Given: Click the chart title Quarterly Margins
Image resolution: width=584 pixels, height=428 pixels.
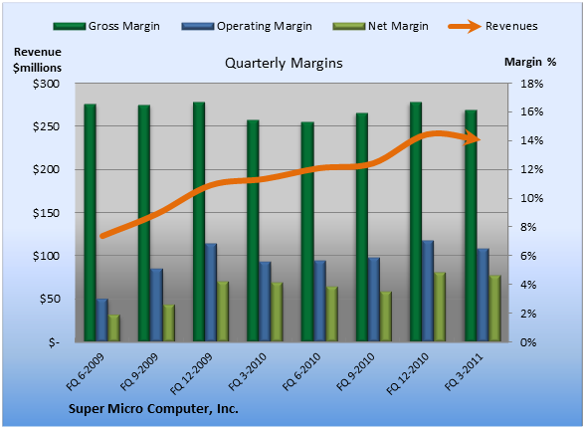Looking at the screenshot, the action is (284, 63).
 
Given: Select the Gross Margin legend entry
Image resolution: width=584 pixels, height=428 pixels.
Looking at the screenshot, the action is (106, 26).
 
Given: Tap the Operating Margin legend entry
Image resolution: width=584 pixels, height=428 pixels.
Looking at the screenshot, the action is (247, 26).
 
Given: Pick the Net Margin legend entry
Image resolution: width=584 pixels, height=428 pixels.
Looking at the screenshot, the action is (380, 26).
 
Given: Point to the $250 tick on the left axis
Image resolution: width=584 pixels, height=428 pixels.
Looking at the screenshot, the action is (46, 126).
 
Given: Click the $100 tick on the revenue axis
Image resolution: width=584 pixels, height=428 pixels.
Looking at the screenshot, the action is (46, 256).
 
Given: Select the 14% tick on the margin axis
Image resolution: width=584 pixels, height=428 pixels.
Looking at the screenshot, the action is (532, 140).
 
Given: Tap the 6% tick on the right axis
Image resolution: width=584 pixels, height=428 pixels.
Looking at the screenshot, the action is (528, 256).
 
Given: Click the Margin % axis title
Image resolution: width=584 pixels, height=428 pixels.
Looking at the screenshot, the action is (530, 62).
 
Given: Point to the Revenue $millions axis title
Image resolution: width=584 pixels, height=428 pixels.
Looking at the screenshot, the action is (37, 60).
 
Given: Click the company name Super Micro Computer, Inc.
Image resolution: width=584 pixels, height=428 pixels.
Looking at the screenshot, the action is (153, 409).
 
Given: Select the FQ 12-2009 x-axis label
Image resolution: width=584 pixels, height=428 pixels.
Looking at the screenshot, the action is (191, 373).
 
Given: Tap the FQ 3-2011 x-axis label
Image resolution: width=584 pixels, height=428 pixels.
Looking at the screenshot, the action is (464, 371).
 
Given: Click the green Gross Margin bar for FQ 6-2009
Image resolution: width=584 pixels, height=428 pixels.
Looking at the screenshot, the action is (90, 222).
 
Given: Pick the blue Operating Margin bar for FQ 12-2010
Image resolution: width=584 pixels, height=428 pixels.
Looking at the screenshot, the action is (428, 291).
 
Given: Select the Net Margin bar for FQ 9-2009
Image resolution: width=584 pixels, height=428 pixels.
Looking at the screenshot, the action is (169, 322).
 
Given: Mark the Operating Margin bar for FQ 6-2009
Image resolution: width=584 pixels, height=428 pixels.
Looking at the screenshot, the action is (102, 320).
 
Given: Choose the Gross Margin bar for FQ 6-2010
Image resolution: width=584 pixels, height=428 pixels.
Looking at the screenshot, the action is (307, 231).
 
